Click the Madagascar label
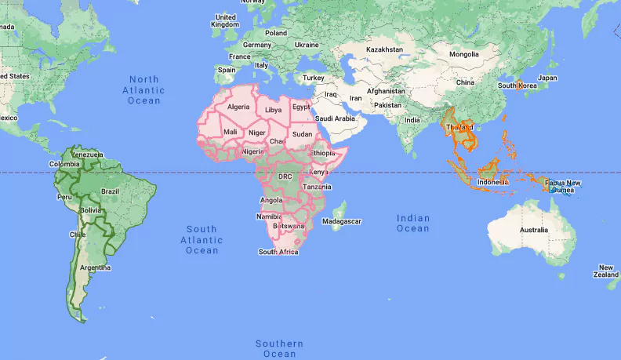click(343, 221)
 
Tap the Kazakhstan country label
click(385, 49)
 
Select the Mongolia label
click(463, 54)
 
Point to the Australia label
click(533, 229)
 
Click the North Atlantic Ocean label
click(144, 89)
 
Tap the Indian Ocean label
click(413, 223)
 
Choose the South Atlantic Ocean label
click(202, 239)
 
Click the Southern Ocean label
click(279, 349)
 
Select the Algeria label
click(238, 107)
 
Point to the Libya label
click(273, 110)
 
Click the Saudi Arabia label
click(336, 118)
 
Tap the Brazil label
click(111, 191)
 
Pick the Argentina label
click(95, 267)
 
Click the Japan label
click(547, 78)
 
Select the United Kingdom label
click(225, 20)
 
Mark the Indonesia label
click(493, 182)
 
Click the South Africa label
click(278, 252)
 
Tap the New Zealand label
click(606, 271)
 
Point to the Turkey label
click(314, 78)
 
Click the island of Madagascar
click(338, 210)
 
